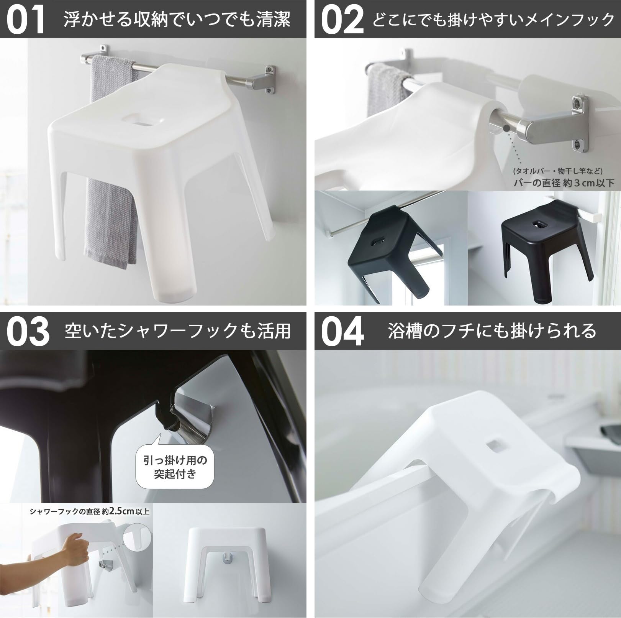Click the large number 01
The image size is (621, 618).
pos(26,20)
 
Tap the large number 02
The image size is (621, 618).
pos(342,20)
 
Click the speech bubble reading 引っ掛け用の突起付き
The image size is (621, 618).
pos(175,467)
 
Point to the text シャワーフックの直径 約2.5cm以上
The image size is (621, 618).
pos(89,511)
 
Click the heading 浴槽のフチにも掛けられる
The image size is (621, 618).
pos(492,331)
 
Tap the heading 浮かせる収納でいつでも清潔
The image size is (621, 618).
pos(177,19)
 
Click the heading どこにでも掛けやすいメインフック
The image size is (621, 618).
pos(493,19)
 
